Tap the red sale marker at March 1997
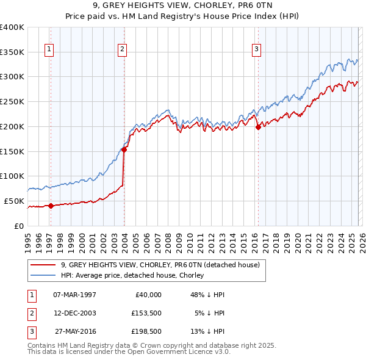[x=51, y=206]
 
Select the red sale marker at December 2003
[x=124, y=149]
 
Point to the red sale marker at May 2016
[x=258, y=127]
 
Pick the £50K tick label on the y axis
[x=14, y=201]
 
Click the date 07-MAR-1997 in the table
[x=74, y=295]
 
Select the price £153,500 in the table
[x=146, y=314]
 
